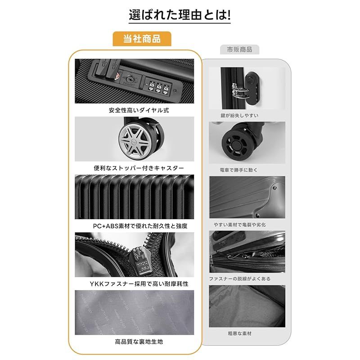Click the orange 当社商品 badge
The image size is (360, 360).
tap(142, 39)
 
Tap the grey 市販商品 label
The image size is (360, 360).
tap(239, 49)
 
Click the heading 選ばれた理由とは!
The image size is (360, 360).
tap(180, 15)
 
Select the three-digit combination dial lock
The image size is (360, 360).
tap(159, 87)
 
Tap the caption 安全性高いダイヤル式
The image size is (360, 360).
tap(139, 110)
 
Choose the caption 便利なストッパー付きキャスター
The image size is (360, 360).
tap(139, 168)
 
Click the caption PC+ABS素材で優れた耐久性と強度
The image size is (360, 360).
tap(140, 226)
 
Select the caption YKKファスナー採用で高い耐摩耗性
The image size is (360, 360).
tap(139, 284)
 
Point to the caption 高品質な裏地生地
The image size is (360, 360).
tap(139, 342)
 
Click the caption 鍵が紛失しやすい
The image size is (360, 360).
tap(239, 116)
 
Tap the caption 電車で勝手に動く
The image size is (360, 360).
tap(239, 170)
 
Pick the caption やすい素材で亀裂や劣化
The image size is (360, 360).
tap(240, 225)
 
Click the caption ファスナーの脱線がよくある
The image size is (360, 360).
tap(240, 279)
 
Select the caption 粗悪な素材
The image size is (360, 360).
tap(240, 333)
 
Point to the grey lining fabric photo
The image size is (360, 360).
tap(134, 312)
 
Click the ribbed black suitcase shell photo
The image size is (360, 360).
tap(134, 197)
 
